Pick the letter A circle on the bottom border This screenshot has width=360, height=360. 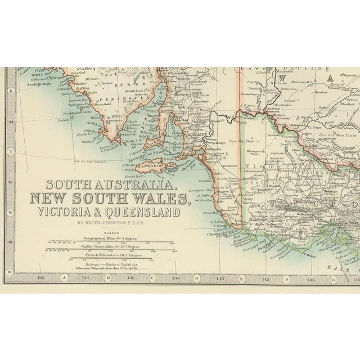coord(64,277)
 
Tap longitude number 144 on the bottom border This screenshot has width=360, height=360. coord(310,277)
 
